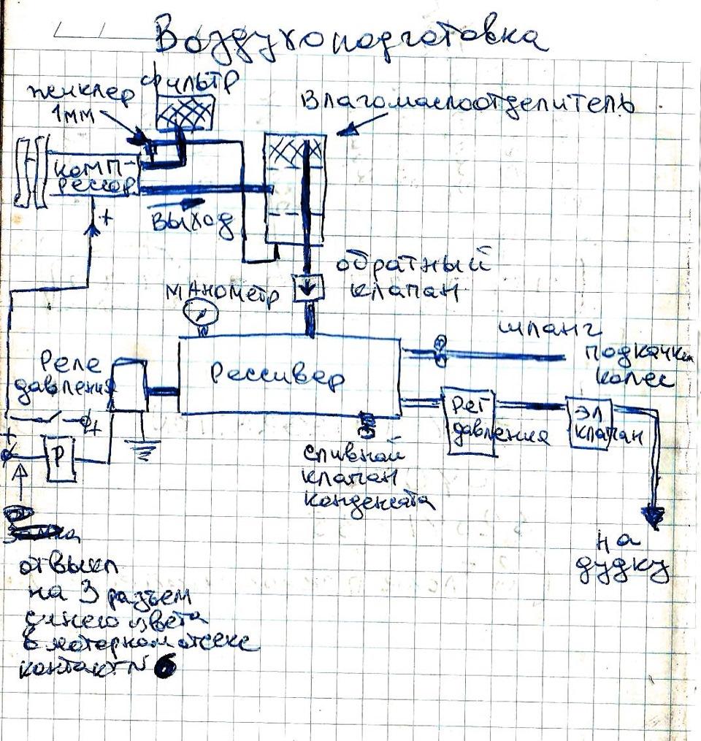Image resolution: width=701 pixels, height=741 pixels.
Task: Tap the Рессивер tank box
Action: (x=289, y=376)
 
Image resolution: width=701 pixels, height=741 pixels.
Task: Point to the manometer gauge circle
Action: (x=202, y=315)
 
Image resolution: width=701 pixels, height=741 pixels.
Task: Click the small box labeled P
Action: (x=58, y=458)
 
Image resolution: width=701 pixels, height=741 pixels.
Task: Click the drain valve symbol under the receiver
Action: (x=366, y=422)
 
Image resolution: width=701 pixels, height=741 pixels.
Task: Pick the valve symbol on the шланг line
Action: (x=439, y=350)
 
